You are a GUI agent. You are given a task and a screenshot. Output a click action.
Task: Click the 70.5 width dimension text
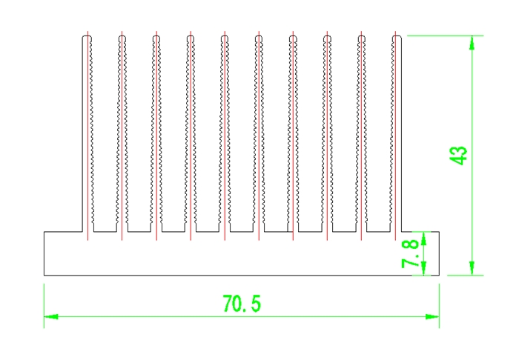pyautogui.click(x=242, y=303)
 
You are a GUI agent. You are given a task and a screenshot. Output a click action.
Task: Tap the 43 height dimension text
pyautogui.click(x=458, y=155)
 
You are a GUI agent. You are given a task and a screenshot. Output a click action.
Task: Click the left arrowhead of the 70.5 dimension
pyautogui.click(x=50, y=316)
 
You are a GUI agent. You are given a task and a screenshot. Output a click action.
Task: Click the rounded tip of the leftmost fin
pyautogui.click(x=87, y=36)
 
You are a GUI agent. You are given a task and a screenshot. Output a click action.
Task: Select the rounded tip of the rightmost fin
pyautogui.click(x=397, y=36)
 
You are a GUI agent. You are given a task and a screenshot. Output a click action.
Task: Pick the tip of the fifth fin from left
pyautogui.click(x=224, y=36)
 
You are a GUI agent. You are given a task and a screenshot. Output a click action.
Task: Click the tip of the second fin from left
pyautogui.click(x=121, y=36)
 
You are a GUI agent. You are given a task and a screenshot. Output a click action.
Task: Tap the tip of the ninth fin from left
pyautogui.click(x=362, y=36)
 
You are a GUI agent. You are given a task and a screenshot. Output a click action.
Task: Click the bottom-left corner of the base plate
pyautogui.click(x=44, y=275)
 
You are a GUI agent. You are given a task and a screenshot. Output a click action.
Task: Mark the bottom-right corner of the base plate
pyautogui.click(x=439, y=275)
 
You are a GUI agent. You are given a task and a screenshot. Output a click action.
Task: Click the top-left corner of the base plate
pyautogui.click(x=44, y=231)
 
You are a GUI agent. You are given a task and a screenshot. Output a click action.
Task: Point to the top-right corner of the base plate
pyautogui.click(x=439, y=231)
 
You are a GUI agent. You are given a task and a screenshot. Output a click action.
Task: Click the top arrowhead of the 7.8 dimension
pyautogui.click(x=423, y=236)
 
